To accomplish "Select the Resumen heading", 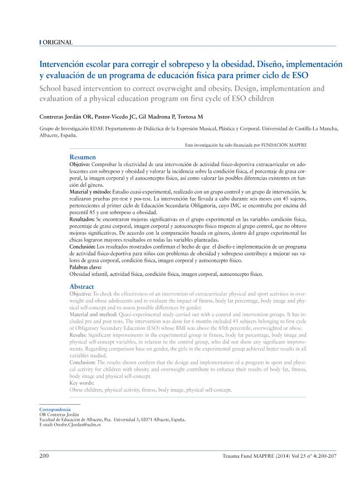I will [x=82, y=158].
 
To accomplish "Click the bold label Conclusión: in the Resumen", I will [x=84, y=246].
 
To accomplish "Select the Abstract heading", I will [x=82, y=286].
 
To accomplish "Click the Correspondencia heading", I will [x=55, y=409].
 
